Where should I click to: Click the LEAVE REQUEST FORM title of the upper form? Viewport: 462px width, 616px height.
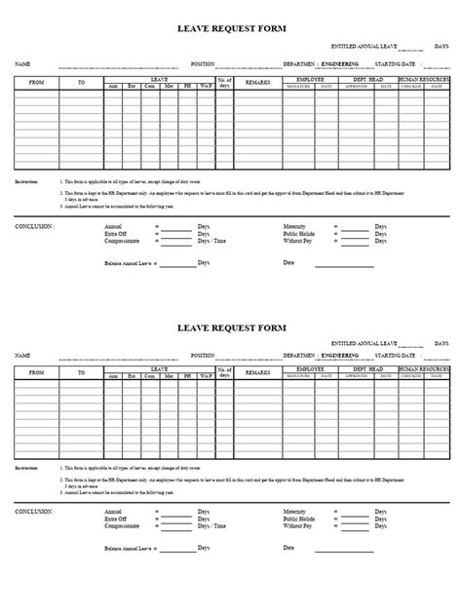(x=230, y=31)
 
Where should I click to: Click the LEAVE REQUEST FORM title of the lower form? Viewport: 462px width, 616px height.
(x=230, y=327)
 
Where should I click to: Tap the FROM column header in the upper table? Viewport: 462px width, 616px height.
(x=35, y=84)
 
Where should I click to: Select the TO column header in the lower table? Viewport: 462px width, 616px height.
(x=81, y=372)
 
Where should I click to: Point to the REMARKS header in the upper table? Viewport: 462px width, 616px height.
(x=257, y=84)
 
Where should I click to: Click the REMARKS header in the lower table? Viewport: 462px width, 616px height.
(x=257, y=372)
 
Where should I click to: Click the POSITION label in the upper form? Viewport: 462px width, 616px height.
(x=203, y=63)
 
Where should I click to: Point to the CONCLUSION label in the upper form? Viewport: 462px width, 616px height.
(x=34, y=225)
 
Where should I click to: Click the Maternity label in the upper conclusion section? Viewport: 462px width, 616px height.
(x=296, y=225)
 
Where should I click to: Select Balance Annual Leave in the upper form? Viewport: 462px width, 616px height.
(x=129, y=263)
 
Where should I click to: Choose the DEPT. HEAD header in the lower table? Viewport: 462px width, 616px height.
(x=371, y=368)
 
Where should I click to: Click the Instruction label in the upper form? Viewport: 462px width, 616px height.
(x=28, y=182)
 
